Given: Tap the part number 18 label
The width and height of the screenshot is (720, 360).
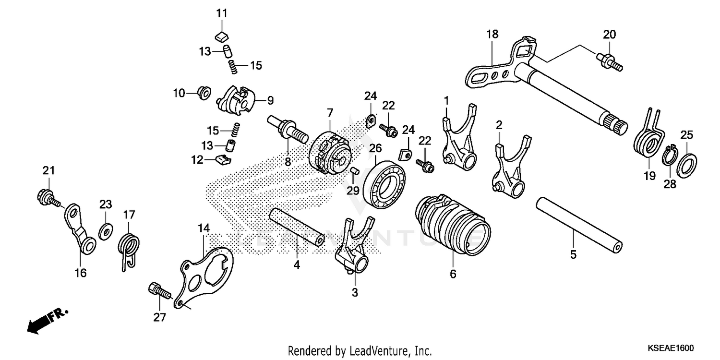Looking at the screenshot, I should coord(492,34).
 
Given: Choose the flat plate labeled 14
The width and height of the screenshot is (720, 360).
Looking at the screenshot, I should coord(207,271).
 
